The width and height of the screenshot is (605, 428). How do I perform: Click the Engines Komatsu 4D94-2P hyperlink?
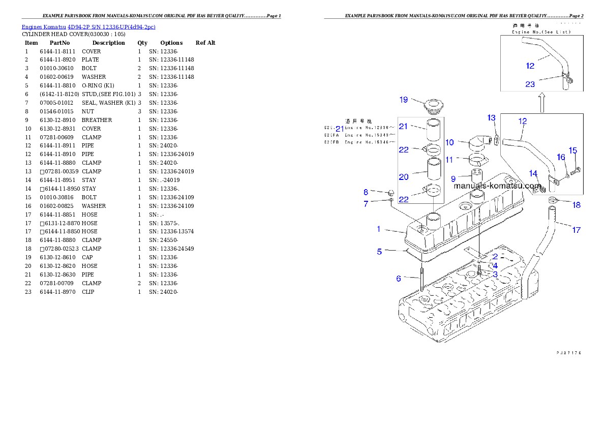pos(88,26)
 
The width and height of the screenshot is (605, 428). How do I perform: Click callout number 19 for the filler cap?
pos(403,100)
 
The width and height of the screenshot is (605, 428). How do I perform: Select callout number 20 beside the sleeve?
pos(404,177)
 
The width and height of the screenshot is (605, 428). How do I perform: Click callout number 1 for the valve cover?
pos(379,229)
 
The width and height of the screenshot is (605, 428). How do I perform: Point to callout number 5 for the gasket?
pos(379,251)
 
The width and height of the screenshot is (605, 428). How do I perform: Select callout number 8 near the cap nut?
pos(380,192)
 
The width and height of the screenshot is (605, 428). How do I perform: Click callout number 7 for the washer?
pos(380,204)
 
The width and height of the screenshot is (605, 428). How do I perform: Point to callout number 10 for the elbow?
pos(449,143)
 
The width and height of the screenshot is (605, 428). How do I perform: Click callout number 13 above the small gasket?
pos(491,118)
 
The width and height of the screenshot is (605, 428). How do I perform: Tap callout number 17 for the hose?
pos(576,230)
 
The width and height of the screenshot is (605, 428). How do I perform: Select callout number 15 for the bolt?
pos(573,150)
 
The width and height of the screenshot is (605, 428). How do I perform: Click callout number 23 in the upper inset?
pos(530,84)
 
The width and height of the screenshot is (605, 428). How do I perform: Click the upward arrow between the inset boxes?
pos(542,102)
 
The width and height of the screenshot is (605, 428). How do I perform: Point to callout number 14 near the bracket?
pos(533,174)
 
